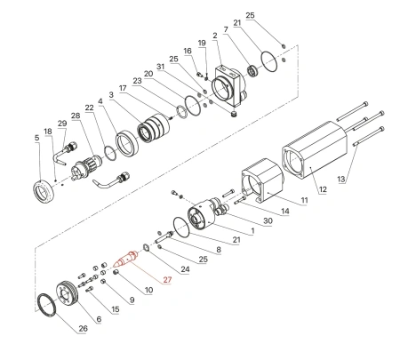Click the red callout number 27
tap(166, 281)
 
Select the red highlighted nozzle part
tap(127, 260)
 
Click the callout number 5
tap(36, 138)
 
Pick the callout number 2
tap(215, 35)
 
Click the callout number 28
tap(75, 116)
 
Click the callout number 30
tap(268, 221)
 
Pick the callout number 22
tap(89, 108)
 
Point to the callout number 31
tap(161, 67)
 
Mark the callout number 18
tap(49, 131)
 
